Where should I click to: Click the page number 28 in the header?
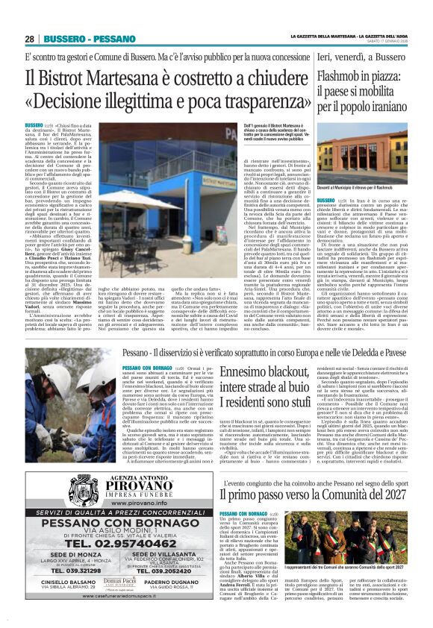pyautogui.click(x=29, y=39)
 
